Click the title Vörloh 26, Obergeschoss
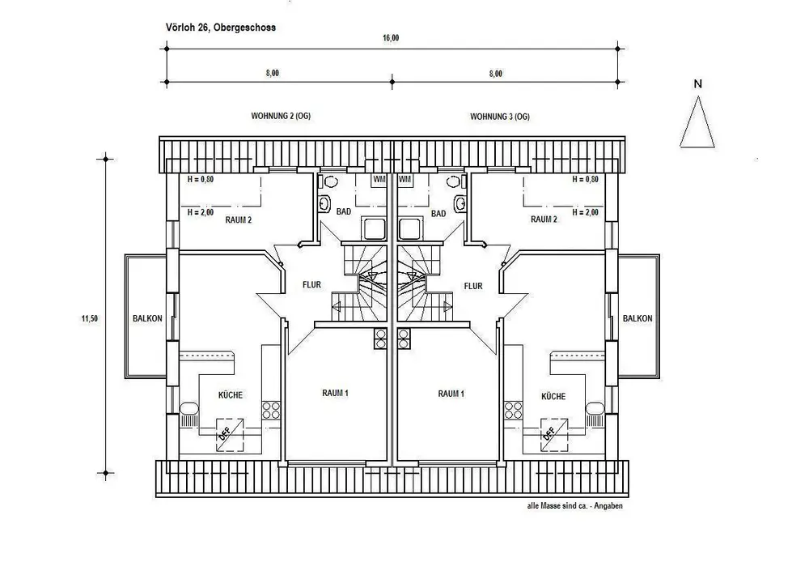(220, 28)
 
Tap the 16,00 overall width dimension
(391, 38)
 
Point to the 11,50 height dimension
(89, 318)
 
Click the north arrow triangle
(697, 123)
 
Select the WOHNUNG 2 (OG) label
(281, 116)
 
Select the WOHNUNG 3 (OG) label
(499, 117)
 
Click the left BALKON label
(147, 318)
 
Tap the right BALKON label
(637, 318)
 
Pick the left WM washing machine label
(379, 179)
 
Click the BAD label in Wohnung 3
(438, 213)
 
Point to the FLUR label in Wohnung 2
(311, 285)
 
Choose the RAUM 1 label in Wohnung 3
(451, 394)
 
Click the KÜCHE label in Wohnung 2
(230, 394)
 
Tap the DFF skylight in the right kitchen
(553, 434)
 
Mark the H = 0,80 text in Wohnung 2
(200, 179)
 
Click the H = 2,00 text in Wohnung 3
(585, 212)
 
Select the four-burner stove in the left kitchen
(271, 411)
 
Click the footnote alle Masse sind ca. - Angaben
(574, 506)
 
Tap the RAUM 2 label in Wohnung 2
(239, 219)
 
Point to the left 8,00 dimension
(273, 73)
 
